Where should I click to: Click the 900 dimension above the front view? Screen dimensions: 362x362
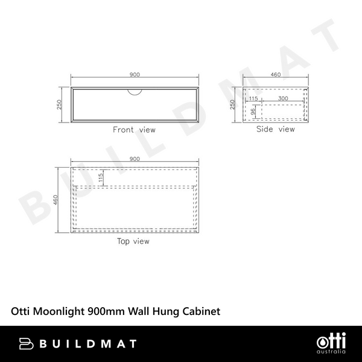[135, 74]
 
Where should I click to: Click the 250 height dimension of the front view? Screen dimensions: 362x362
[59, 104]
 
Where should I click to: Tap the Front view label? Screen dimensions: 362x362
[134, 130]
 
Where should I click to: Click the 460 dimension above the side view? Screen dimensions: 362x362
[276, 74]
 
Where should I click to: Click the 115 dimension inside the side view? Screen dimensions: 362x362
[253, 98]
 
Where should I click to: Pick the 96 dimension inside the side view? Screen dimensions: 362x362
[254, 111]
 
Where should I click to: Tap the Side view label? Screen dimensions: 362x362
[276, 129]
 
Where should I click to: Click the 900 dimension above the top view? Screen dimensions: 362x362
[135, 159]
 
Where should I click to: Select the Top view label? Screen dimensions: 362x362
[133, 241]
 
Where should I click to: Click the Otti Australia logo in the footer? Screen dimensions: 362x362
[330, 344]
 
